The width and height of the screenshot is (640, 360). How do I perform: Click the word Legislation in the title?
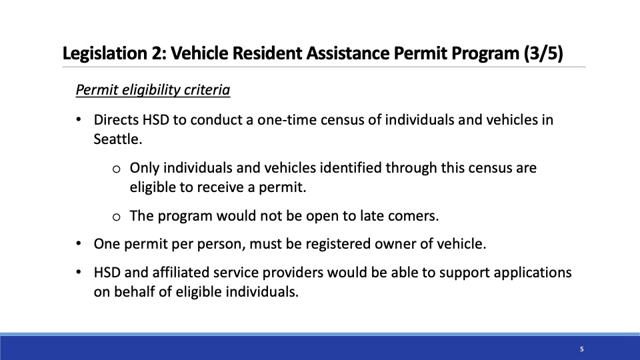click(x=105, y=53)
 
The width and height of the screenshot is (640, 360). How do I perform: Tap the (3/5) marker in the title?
click(x=544, y=53)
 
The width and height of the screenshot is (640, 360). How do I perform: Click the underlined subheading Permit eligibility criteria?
click(x=153, y=90)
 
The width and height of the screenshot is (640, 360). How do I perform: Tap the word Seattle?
click(x=118, y=139)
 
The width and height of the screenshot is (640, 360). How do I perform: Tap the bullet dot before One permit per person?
click(x=79, y=244)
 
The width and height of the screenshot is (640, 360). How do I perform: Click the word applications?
click(x=533, y=273)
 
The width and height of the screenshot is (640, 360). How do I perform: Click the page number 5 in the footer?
click(x=581, y=349)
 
